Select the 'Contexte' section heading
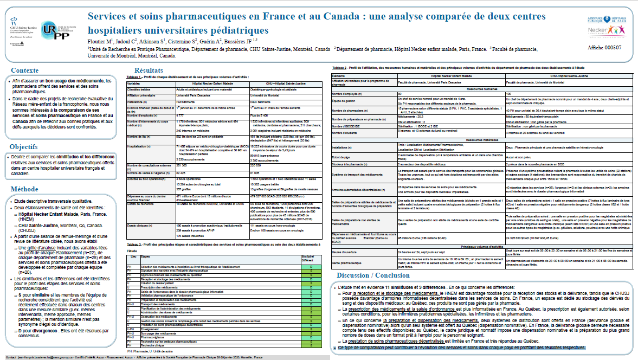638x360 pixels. [x=25, y=71]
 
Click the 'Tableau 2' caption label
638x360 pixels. [x=343, y=67]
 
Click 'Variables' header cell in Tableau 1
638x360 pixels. [x=135, y=83]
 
